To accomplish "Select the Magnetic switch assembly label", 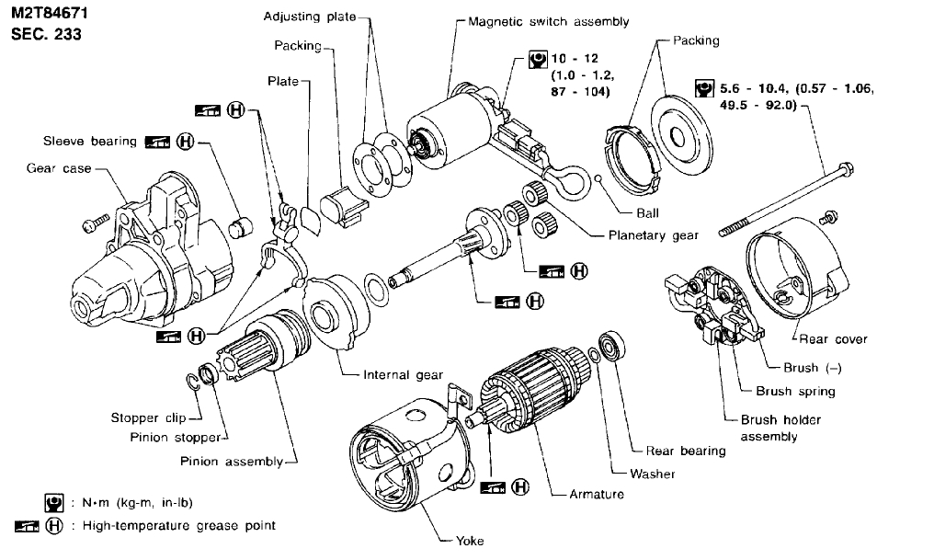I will tap(548, 21).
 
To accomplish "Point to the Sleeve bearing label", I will tap(89, 141).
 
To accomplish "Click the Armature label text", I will tap(597, 494).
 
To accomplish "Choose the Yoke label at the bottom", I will tap(469, 541).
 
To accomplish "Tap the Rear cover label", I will tap(833, 339).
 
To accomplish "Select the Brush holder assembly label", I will tap(780, 428).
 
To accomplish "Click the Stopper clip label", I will tap(149, 418).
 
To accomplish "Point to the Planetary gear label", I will tap(653, 235).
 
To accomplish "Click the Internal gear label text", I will tap(403, 375).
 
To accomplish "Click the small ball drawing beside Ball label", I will tap(598, 177).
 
